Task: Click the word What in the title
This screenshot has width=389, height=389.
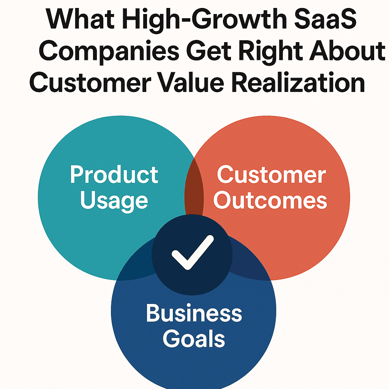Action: pyautogui.click(x=80, y=19)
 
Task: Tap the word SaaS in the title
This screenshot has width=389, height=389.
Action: pyautogui.click(x=325, y=19)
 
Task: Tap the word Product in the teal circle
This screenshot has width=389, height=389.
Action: pyautogui.click(x=114, y=174)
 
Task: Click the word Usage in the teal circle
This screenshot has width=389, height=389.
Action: pyautogui.click(x=114, y=201)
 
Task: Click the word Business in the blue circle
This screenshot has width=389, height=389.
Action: pyautogui.click(x=194, y=313)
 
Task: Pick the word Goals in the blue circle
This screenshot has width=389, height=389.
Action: pyautogui.click(x=194, y=338)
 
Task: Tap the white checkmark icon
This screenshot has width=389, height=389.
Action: pyautogui.click(x=193, y=252)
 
